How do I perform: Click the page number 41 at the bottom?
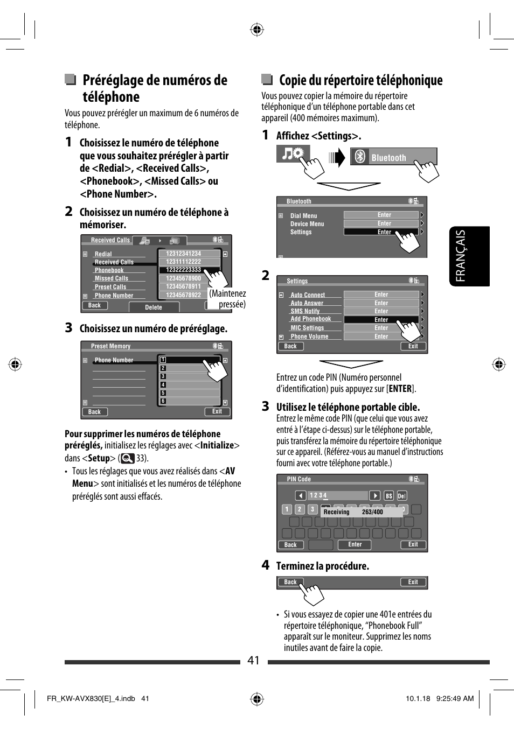[x=253, y=661]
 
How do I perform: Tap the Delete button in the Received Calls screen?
[x=154, y=307]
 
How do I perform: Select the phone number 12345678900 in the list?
[x=183, y=278]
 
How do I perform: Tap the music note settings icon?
[x=294, y=154]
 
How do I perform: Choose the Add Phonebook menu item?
[x=311, y=319]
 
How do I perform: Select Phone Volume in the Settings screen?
[x=309, y=337]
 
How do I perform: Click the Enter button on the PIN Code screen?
[x=355, y=545]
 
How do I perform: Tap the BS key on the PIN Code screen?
[x=389, y=496]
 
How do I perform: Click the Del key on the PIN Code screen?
[x=401, y=496]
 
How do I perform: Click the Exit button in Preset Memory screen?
[x=217, y=412]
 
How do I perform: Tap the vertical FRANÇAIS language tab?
[x=469, y=256]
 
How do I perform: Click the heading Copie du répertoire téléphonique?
[x=360, y=80]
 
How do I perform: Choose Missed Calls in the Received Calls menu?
[x=112, y=278]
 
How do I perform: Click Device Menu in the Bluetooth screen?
[x=307, y=224]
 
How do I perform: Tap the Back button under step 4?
[x=290, y=582]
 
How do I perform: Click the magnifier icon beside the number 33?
[x=128, y=459]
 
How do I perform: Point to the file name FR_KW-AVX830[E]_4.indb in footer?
[x=91, y=698]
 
